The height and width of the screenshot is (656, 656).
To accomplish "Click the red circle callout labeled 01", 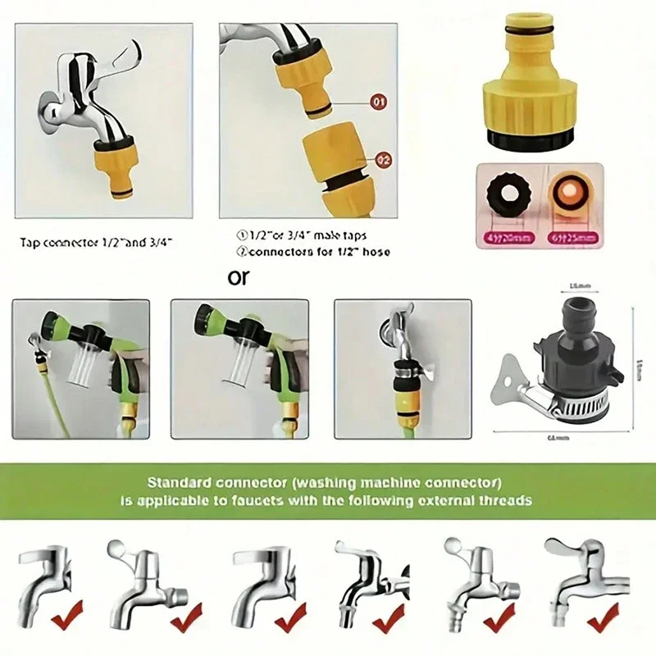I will [x=379, y=103].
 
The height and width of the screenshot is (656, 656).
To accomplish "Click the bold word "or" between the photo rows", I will [x=239, y=277].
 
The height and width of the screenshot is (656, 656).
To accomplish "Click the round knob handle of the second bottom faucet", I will [x=117, y=547].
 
